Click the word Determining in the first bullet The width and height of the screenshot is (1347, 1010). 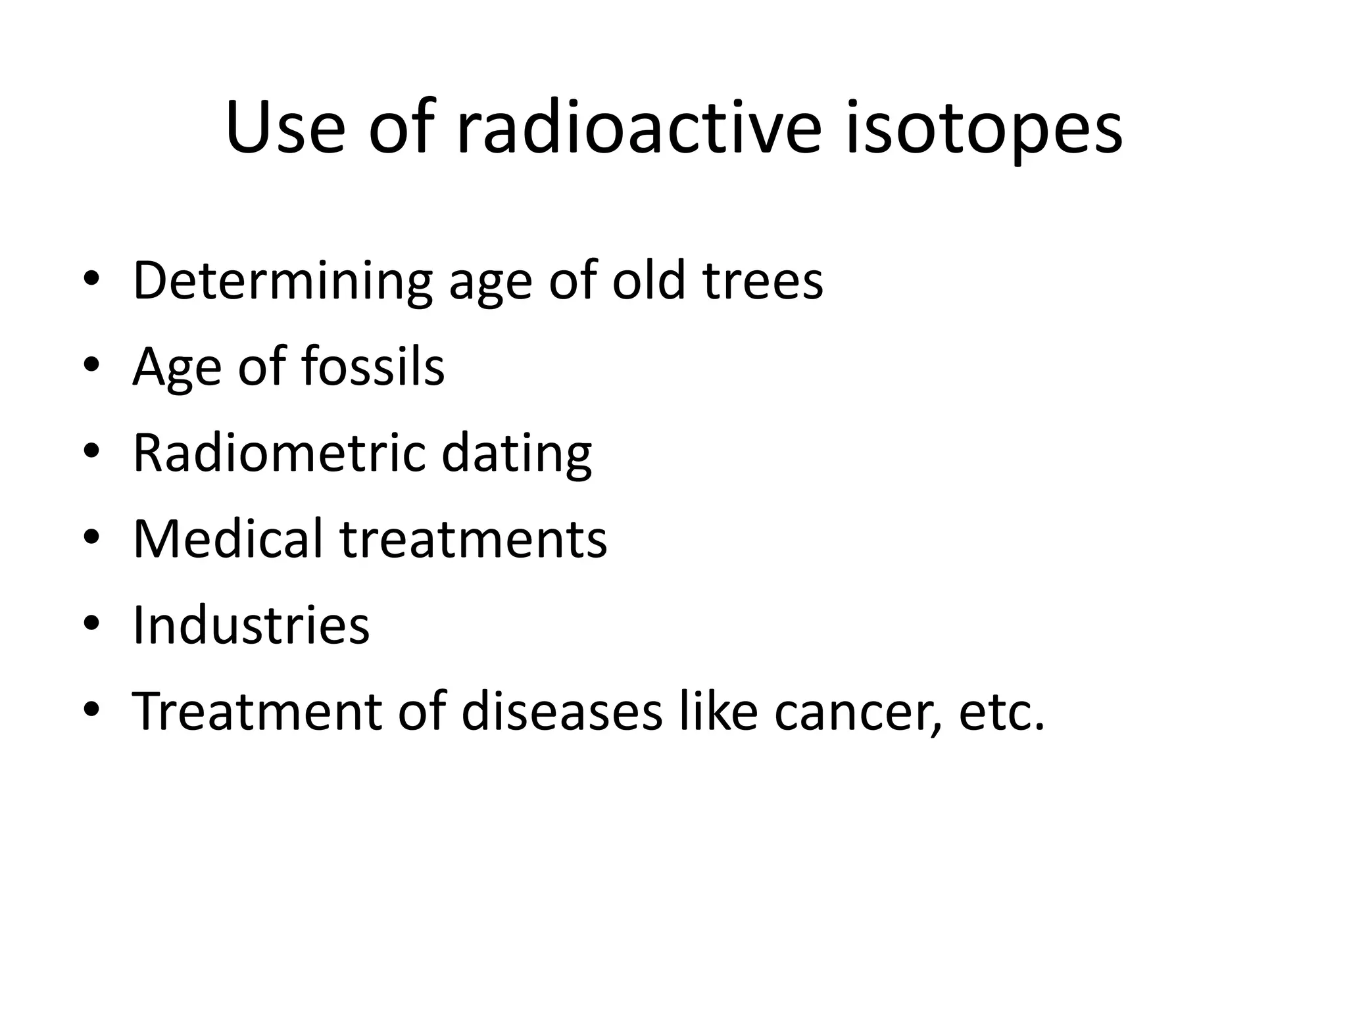tap(282, 281)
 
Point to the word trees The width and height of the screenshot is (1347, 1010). tap(762, 281)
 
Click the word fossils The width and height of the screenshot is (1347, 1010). tap(373, 366)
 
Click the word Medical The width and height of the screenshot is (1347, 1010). tap(228, 539)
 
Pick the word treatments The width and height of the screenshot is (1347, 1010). tap(474, 539)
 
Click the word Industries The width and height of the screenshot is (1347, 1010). tap(251, 625)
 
